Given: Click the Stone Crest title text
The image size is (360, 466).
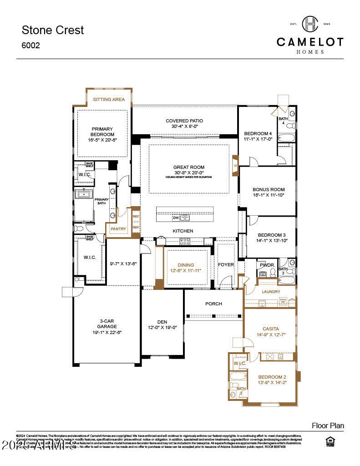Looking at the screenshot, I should pos(53,30).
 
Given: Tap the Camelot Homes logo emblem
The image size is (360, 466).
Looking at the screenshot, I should pos(310,24).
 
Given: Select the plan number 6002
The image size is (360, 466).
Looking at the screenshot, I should pos(31,46).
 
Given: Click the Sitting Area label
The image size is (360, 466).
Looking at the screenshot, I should pos(109,99).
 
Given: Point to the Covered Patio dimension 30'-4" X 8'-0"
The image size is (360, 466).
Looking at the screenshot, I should pos(184,127).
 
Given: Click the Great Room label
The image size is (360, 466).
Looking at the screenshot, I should pos(188,167).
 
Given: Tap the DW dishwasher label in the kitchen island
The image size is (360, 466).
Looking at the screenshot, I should pos(175,218).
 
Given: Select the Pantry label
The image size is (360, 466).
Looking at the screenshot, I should pos(118,229).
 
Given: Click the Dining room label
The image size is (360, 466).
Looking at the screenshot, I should pos(186,265).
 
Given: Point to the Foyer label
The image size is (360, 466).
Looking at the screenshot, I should pos(226,265).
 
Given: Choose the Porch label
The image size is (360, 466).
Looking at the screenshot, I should pos(213,304).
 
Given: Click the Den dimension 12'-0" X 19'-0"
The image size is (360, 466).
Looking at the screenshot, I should pos(162,327).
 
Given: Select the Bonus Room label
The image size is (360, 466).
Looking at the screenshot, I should pos(269,189).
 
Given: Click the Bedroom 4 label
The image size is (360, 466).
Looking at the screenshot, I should pos(258,133).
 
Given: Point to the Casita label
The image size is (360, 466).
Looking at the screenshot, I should pos(270,329).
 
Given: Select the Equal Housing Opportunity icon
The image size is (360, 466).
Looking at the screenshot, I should pos(331,441).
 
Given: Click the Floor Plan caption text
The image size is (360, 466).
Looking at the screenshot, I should pos(328,426).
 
